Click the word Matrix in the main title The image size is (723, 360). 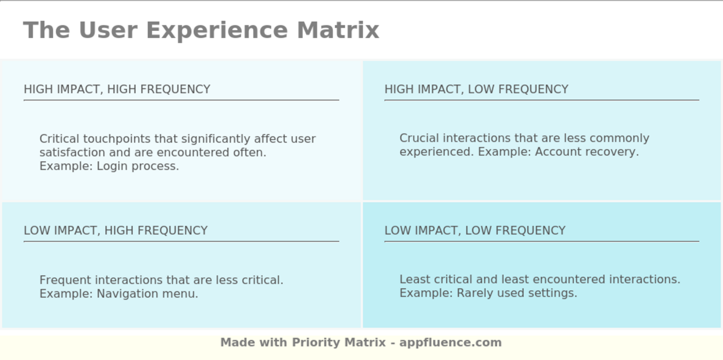[338, 30]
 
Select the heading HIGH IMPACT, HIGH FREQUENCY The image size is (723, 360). [117, 89]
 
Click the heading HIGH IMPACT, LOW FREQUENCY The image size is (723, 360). [476, 89]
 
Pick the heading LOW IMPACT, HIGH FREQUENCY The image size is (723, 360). [116, 230]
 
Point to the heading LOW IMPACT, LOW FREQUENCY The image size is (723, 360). [475, 230]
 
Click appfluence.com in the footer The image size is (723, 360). [450, 342]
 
